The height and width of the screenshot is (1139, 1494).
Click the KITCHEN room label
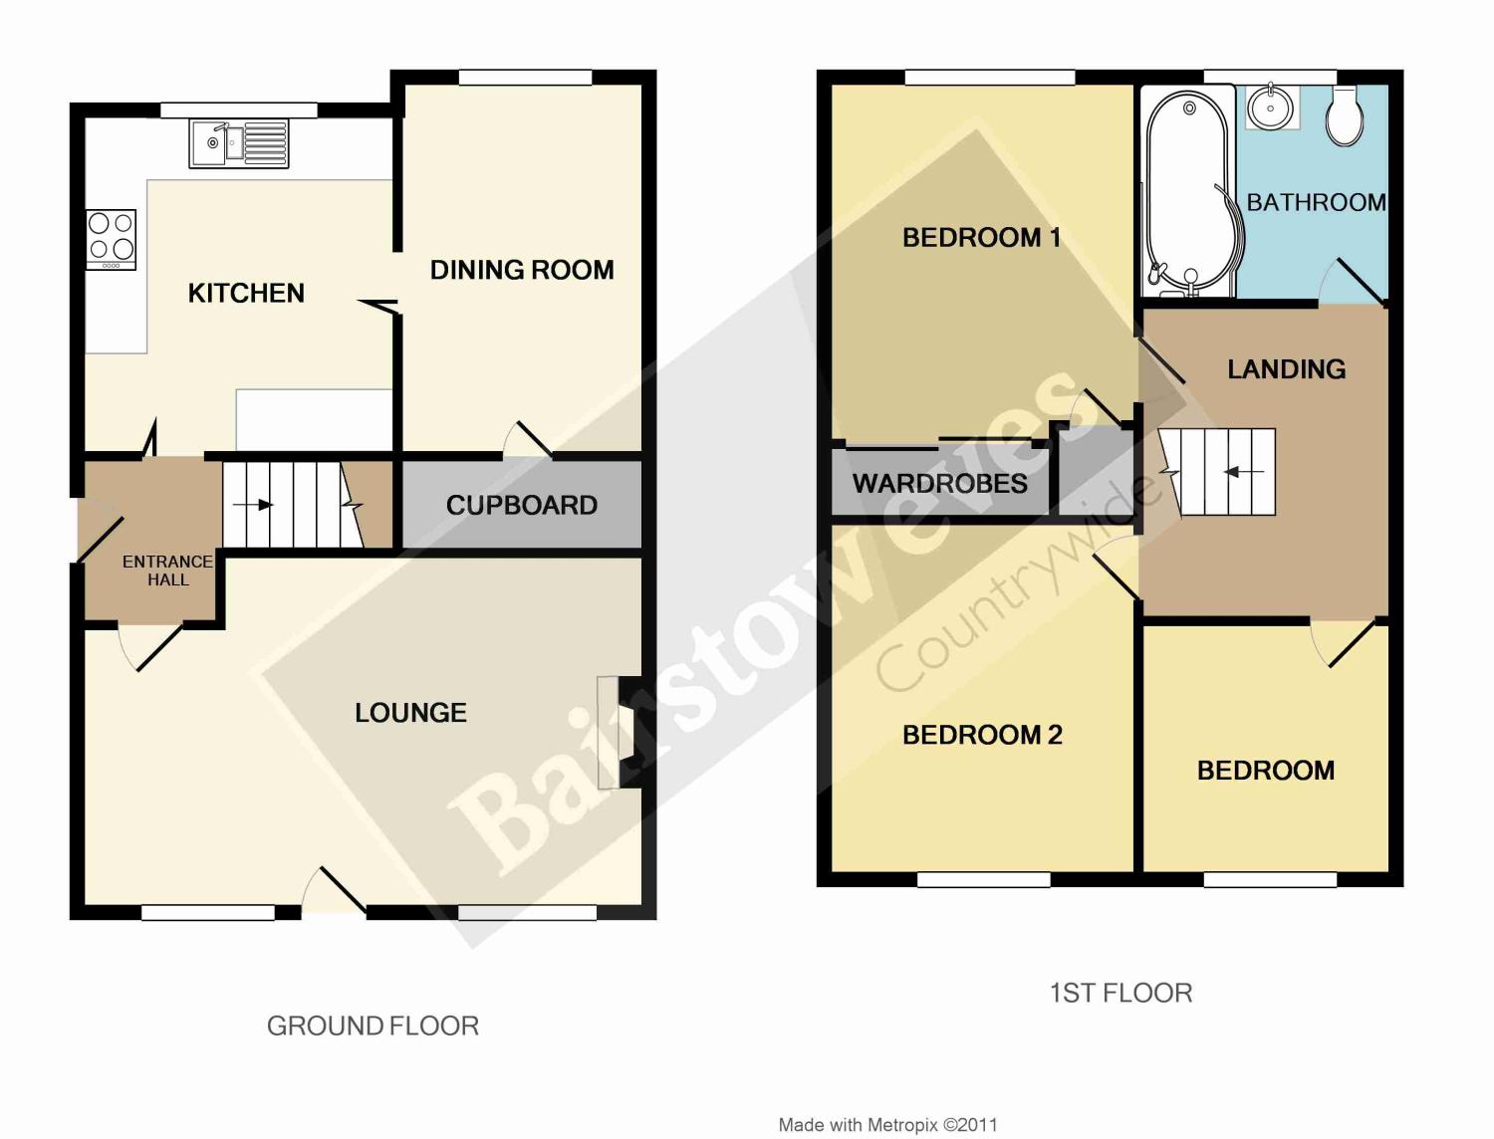246,293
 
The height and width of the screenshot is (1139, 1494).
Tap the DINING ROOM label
522,270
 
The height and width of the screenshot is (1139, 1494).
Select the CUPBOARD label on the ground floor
522,505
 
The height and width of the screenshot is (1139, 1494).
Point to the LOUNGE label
410,713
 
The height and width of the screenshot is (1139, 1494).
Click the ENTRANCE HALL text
167,570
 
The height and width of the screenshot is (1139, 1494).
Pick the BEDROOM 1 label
981,238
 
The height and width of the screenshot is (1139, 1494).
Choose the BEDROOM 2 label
982,736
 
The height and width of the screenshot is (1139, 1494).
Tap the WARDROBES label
939,484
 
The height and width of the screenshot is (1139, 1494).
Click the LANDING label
1286,369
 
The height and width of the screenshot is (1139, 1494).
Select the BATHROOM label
1316,203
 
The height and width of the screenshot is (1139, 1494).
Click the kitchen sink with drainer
239,143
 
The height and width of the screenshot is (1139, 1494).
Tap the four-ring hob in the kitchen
111,239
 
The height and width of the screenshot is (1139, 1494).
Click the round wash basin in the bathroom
1274,107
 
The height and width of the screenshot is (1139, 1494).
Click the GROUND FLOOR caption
373,1026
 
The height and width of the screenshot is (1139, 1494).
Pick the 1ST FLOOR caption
1120,993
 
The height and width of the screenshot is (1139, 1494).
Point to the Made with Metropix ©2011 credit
887,1125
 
